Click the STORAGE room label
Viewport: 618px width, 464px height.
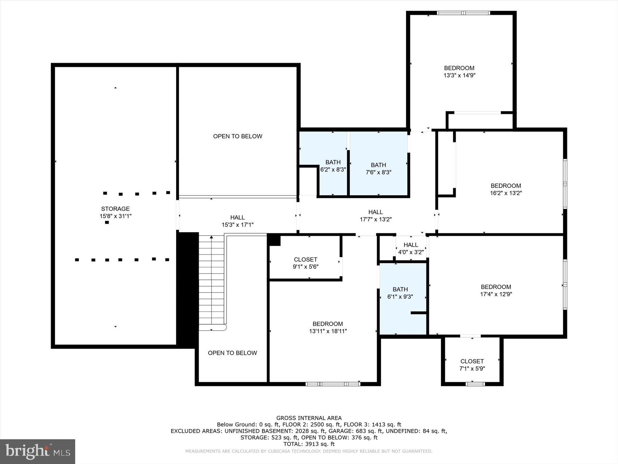[115, 209]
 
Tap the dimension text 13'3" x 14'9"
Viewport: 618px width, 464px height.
[459, 75]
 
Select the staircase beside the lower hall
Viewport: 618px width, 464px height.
[212, 282]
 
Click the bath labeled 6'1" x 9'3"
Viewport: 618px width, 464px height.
[400, 293]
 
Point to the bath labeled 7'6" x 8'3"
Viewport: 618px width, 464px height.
[378, 168]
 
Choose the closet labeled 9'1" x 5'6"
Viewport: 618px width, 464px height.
[305, 263]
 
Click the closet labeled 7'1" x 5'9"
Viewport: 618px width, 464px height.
[472, 365]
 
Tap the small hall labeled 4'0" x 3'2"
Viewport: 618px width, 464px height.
[411, 248]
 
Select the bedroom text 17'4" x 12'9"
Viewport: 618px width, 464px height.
[496, 294]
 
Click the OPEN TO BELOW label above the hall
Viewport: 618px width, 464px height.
[238, 136]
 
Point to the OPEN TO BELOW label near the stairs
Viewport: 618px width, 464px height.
[232, 353]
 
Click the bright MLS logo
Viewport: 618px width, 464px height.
[37, 451]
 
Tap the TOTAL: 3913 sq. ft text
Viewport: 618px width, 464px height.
[309, 444]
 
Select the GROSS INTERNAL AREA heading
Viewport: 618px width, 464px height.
[309, 418]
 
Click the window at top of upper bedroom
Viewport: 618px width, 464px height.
[463, 13]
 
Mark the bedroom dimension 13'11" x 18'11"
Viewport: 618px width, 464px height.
[328, 331]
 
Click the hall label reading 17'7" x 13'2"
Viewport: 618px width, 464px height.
[375, 219]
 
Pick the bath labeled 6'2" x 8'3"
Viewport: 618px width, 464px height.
[333, 166]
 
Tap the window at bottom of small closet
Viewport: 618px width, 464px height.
[475, 384]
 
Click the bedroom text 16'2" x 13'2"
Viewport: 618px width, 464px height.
[506, 193]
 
